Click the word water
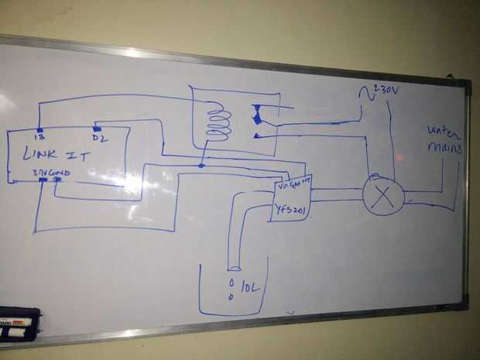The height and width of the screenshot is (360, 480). [442, 130]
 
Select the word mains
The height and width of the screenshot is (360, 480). [444, 147]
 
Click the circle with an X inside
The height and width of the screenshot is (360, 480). [383, 193]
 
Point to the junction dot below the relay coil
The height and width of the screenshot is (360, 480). [201, 166]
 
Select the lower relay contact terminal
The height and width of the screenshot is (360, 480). [255, 135]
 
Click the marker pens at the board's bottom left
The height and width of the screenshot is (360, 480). [17, 325]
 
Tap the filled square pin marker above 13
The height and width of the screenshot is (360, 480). [38, 129]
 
